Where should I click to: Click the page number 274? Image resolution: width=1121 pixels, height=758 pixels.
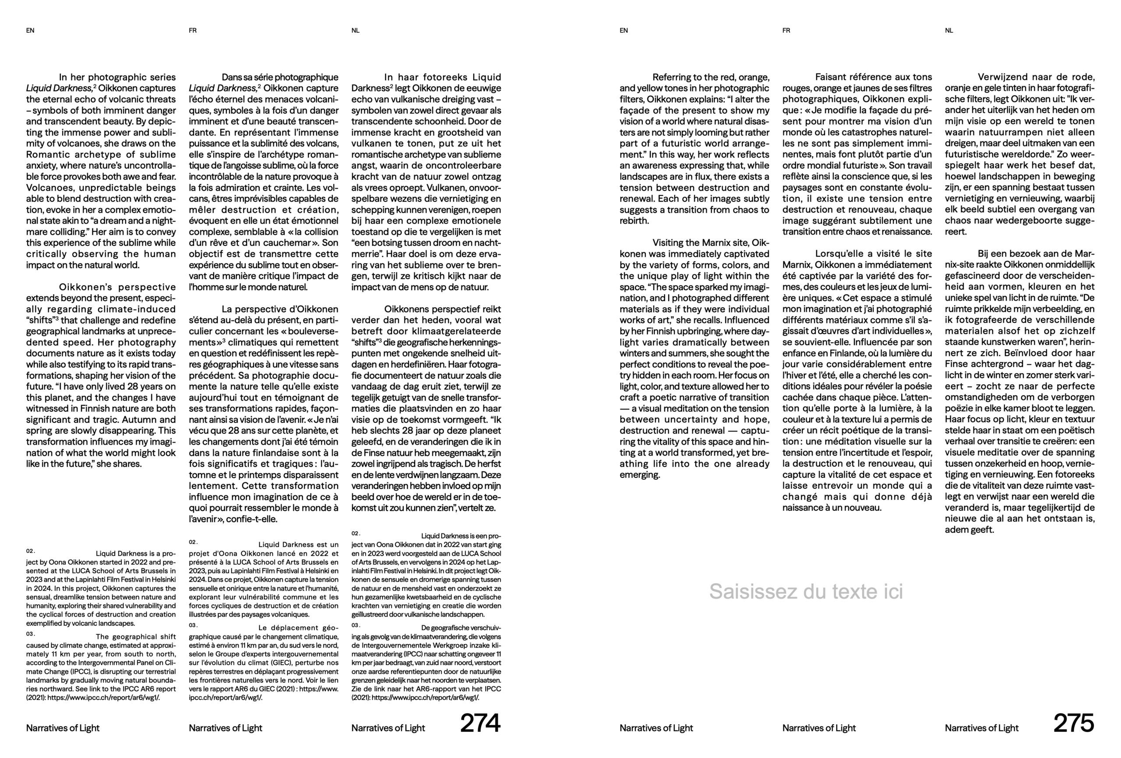click(480, 723)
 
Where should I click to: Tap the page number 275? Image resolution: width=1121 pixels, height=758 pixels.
click(1073, 723)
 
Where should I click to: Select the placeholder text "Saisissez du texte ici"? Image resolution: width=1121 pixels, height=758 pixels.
click(806, 591)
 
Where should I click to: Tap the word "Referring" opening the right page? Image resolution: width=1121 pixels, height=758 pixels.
click(673, 77)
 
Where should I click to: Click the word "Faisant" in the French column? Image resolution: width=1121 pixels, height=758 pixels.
click(832, 77)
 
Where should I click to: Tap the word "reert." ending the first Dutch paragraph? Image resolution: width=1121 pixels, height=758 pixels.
click(955, 232)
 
